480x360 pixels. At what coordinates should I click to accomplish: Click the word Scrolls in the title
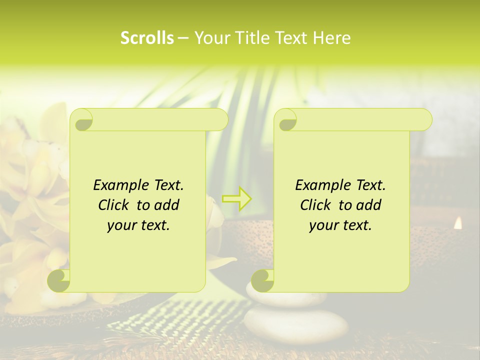(147, 38)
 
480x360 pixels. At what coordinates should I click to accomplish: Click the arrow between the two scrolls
(237, 198)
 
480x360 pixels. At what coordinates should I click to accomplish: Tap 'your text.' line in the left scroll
(138, 225)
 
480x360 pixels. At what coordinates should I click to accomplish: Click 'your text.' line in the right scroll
(340, 225)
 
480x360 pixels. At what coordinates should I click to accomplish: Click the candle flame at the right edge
(457, 223)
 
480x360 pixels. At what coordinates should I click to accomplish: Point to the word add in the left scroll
(167, 205)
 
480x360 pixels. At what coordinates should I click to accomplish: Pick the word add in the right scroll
(369, 205)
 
